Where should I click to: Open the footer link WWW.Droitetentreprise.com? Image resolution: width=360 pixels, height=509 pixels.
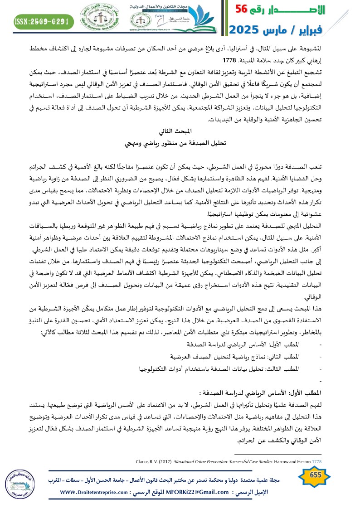(x=95, y=492)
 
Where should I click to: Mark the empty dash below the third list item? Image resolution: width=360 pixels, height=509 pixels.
(x=321, y=367)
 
